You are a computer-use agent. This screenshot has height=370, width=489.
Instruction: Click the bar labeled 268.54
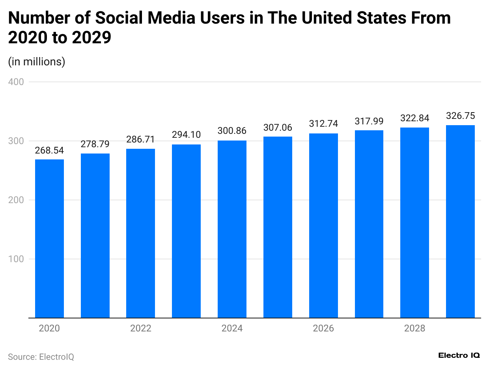49,239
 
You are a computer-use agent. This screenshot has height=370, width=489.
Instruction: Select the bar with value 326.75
460,221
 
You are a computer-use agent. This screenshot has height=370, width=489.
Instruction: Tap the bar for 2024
232,229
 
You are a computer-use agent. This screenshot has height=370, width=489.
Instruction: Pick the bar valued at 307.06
278,227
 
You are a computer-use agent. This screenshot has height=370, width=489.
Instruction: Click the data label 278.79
95,144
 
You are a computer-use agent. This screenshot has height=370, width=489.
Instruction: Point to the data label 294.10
186,135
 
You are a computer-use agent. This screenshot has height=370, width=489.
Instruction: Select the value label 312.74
323,124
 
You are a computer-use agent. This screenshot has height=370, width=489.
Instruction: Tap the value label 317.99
369,121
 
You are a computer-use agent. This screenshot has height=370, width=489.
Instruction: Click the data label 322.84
415,118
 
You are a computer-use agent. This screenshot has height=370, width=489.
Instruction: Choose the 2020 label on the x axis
49,328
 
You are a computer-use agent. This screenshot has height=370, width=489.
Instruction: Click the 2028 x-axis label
415,328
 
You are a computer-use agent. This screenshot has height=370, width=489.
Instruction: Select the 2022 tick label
141,328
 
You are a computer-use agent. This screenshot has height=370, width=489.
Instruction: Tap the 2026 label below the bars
323,328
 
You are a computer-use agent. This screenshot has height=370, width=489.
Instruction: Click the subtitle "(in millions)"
37,62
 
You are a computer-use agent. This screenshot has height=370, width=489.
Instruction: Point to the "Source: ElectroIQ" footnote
41,357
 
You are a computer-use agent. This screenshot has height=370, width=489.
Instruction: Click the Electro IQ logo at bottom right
459,355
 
